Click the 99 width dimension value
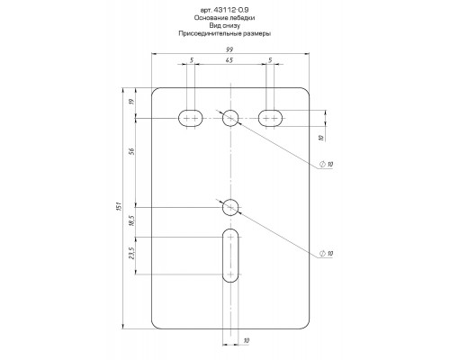click(x=230, y=49)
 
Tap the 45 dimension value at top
click(x=229, y=60)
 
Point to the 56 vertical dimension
click(x=132, y=151)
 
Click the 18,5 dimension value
click(x=132, y=220)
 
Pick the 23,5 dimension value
click(x=132, y=254)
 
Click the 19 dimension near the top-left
click(x=132, y=102)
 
